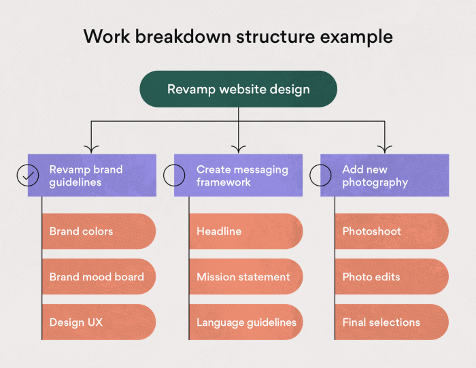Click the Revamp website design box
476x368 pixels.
click(x=238, y=89)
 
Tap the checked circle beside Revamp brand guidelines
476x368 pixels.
click(x=28, y=175)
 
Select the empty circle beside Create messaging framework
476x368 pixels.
click(x=174, y=175)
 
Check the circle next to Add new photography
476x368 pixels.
click(x=320, y=175)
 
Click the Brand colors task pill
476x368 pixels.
click(x=99, y=231)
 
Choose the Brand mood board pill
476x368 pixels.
click(x=99, y=277)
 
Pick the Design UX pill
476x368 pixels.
click(x=99, y=322)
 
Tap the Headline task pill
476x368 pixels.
click(x=245, y=231)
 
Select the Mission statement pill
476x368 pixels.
click(x=245, y=277)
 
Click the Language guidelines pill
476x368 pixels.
click(x=245, y=322)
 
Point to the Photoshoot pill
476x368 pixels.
click(x=392, y=231)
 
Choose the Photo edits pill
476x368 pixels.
click(x=392, y=277)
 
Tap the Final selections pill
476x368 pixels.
click(x=392, y=322)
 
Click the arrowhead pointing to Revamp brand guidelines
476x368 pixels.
click(x=91, y=150)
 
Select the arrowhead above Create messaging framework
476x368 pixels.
click(x=238, y=150)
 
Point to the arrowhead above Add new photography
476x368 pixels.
click(x=385, y=150)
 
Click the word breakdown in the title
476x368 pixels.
click(x=183, y=37)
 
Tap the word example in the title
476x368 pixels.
click(x=356, y=37)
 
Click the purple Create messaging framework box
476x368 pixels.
click(x=238, y=175)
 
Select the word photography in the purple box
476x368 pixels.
click(x=375, y=183)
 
